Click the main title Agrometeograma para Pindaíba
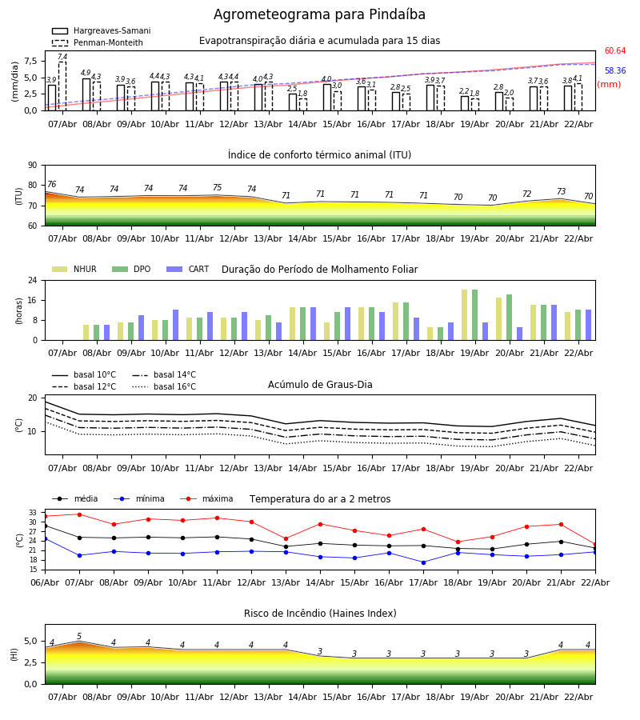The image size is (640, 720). click(319, 15)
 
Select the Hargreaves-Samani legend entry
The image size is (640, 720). click(101, 31)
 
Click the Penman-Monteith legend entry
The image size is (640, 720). click(97, 43)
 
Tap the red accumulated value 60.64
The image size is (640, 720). click(614, 51)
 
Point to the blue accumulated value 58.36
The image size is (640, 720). click(614, 71)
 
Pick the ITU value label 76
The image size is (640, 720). click(52, 185)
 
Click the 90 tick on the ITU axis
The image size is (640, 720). click(32, 165)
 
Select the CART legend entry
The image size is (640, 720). click(188, 270)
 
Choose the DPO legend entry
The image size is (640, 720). click(132, 270)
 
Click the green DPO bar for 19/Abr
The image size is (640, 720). click(474, 314)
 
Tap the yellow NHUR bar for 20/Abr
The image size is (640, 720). click(498, 318)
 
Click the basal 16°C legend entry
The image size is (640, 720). click(164, 387)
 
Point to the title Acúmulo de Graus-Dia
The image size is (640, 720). click(320, 385)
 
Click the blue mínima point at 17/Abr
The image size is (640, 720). click(423, 562)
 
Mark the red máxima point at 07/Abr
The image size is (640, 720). click(79, 514)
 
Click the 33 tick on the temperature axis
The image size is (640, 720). click(33, 513)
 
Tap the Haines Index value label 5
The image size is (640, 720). click(79, 637)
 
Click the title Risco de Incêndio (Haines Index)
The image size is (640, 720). click(320, 614)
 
